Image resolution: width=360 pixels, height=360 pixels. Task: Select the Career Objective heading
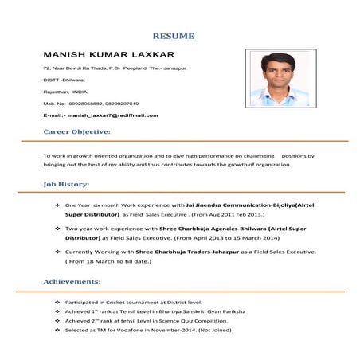click(76, 131)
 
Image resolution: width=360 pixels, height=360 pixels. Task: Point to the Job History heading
click(66, 185)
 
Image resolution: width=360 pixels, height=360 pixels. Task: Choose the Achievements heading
click(72, 282)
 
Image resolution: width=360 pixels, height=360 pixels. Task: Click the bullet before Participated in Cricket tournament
click(57, 303)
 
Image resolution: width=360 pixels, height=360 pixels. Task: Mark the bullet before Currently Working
click(57, 251)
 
